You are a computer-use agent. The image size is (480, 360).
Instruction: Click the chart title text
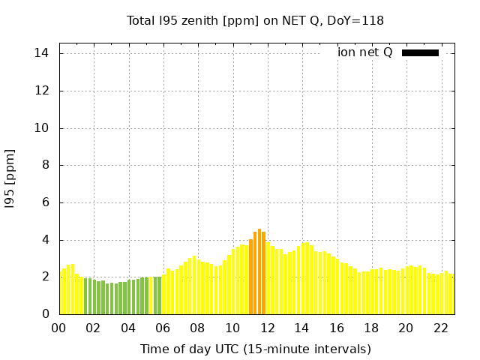(255, 21)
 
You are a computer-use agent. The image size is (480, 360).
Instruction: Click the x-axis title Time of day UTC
(256, 349)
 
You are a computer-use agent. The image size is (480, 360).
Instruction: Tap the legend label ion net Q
(365, 52)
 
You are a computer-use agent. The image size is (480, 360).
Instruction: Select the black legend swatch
(420, 52)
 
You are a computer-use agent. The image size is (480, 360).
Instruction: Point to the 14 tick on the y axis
(42, 53)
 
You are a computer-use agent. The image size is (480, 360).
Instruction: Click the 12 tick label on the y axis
(42, 91)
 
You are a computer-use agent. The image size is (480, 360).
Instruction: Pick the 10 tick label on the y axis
(42, 128)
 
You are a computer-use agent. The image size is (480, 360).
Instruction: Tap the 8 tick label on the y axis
(46, 165)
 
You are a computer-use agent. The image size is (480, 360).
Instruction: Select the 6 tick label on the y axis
(46, 202)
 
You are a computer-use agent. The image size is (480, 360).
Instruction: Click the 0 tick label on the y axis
(46, 314)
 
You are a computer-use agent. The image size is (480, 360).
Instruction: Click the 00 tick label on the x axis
(59, 328)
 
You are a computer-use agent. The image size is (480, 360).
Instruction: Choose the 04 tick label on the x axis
(129, 328)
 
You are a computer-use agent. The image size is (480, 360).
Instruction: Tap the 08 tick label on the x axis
(198, 328)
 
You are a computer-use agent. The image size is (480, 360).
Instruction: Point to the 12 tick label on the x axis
(268, 328)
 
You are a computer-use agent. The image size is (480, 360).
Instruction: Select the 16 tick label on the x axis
(337, 328)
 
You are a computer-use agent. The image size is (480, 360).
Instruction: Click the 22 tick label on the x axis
(441, 328)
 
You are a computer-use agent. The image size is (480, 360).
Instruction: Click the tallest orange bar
(259, 271)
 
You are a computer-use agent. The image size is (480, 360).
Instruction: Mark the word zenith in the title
(198, 21)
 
